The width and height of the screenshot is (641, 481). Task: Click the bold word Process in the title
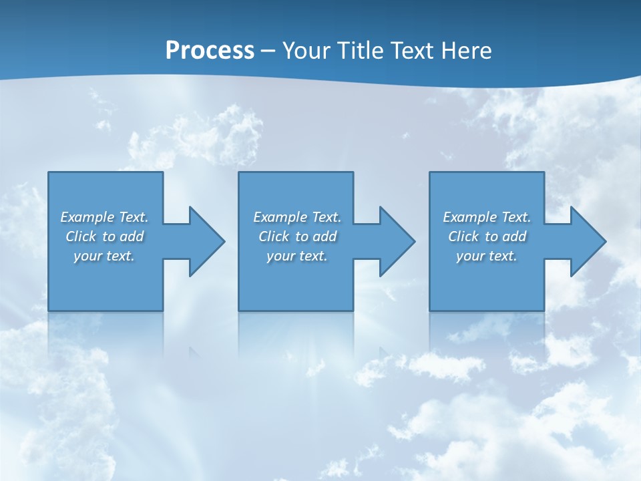click(x=210, y=51)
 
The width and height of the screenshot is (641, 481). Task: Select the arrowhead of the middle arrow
click(x=398, y=241)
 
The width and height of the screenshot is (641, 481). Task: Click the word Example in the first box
click(x=87, y=217)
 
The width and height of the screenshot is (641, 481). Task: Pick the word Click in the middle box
click(x=273, y=236)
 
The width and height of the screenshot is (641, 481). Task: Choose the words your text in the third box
click(x=486, y=256)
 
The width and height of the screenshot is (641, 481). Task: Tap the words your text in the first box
click(x=104, y=256)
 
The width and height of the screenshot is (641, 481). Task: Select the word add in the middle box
click(x=325, y=236)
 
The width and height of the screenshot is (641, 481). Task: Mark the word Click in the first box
click(x=80, y=236)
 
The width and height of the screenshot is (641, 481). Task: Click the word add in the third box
click(x=514, y=236)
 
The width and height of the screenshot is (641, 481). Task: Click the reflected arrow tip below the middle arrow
click(x=384, y=350)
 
